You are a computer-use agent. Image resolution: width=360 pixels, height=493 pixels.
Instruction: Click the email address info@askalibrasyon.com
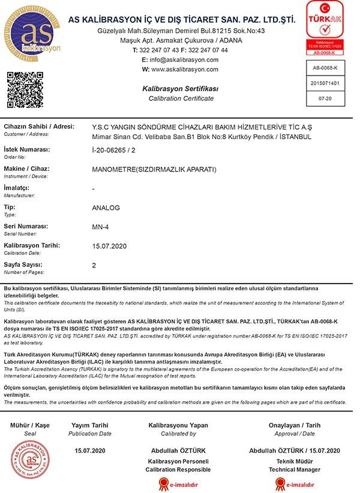[185, 60]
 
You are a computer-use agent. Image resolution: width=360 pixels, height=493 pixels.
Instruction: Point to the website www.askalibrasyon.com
[185, 70]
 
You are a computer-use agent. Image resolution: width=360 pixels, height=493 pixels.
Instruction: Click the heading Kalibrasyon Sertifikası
[180, 89]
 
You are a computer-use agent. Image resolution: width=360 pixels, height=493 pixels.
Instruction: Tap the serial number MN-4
[100, 227]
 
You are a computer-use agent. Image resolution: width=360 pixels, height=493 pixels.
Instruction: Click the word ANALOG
[106, 208]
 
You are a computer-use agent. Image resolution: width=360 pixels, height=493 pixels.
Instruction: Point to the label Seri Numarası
[26, 226]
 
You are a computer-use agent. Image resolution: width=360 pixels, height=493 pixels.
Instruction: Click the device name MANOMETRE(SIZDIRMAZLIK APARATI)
[154, 169]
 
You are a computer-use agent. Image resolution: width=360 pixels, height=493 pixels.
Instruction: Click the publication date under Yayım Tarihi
[89, 450]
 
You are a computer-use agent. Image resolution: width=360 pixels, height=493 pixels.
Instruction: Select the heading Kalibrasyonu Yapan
[178, 425]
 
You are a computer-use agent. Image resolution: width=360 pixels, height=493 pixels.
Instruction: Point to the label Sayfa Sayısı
[23, 264]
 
